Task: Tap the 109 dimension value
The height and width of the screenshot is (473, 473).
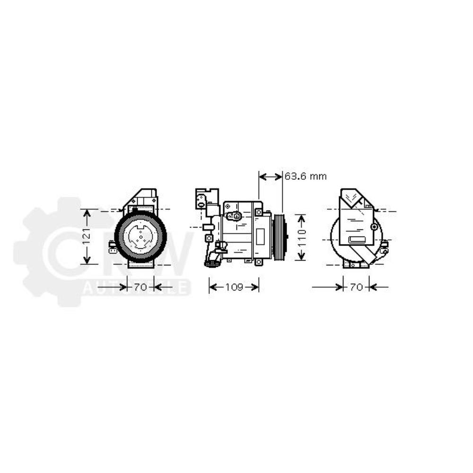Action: (x=234, y=287)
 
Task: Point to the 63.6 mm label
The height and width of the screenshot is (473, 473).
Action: (x=306, y=176)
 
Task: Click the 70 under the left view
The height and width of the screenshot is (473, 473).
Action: (x=140, y=287)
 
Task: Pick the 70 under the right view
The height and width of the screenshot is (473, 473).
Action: (x=356, y=287)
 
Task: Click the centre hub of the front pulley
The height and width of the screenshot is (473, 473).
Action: (x=140, y=236)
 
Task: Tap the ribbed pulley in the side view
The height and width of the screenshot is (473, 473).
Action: (x=280, y=236)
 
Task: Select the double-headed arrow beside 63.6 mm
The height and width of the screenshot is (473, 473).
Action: (x=271, y=176)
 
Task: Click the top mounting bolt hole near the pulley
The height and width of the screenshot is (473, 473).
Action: (x=258, y=212)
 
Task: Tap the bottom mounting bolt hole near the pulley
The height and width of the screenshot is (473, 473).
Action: (x=258, y=262)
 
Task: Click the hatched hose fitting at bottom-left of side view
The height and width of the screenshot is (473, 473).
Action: (x=212, y=261)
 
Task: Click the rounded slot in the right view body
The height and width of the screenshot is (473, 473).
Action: (x=356, y=239)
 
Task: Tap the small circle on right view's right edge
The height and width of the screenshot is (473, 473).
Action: (x=375, y=227)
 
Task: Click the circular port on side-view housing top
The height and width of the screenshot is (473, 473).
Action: (x=235, y=216)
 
